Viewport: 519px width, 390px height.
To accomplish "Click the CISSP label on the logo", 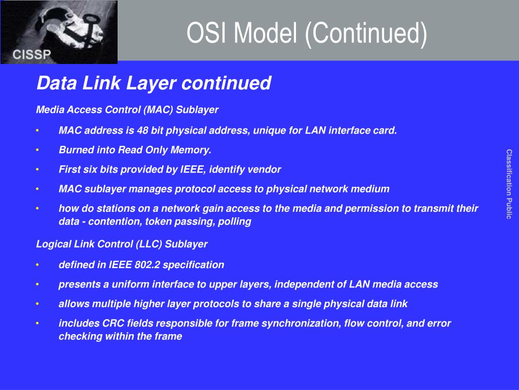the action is [x=32, y=54].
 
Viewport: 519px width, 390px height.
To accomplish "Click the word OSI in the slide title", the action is [x=206, y=32].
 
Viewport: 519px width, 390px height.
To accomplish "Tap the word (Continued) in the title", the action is [x=366, y=34].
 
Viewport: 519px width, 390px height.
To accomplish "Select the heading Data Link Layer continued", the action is [x=154, y=83].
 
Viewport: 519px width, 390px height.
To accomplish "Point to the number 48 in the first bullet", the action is [x=142, y=131].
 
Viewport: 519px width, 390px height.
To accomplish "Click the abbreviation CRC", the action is [x=113, y=323].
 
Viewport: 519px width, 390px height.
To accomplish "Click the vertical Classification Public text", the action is [x=509, y=184].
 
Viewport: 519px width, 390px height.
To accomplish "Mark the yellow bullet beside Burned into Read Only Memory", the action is [x=38, y=150].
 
